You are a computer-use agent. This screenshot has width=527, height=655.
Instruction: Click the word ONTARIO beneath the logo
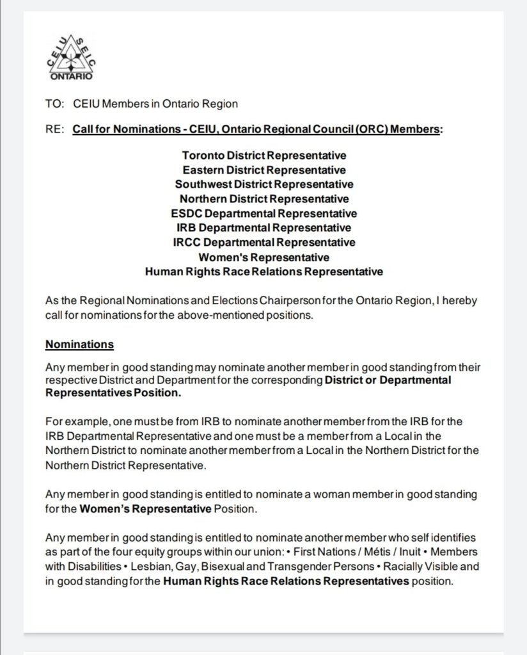[71, 76]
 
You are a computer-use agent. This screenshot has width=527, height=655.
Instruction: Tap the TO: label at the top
[54, 104]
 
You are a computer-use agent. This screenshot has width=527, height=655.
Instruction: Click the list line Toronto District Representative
[263, 156]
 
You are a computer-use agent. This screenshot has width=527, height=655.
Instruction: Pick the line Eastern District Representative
[263, 170]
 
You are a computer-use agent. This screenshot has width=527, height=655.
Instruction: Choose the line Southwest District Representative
[263, 184]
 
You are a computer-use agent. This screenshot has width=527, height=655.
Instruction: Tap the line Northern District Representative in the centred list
[263, 199]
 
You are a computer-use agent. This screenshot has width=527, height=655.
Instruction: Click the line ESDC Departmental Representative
[263, 213]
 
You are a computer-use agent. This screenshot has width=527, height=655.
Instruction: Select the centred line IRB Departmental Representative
[263, 228]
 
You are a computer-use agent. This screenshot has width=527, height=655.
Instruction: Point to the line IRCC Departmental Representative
[263, 243]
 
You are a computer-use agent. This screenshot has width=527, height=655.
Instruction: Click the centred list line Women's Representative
[263, 257]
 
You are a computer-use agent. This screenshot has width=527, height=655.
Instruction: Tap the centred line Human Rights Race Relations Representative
[263, 271]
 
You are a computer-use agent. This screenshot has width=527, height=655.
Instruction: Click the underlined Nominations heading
[79, 344]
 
